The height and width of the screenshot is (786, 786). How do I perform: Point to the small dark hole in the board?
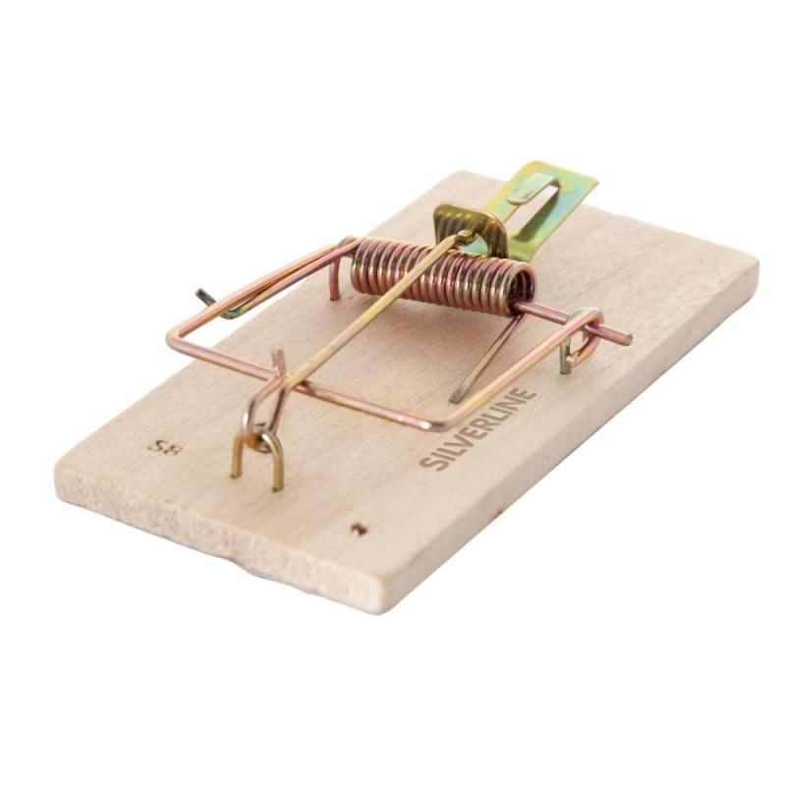(x=359, y=529)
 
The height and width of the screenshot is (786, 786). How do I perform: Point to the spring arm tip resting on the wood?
(x=456, y=399)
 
